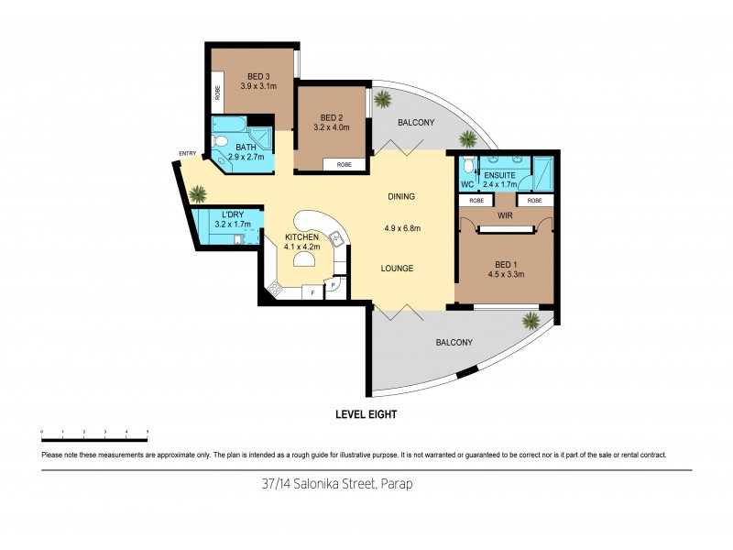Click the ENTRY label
(188, 153)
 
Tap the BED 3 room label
(257, 76)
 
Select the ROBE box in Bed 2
(345, 164)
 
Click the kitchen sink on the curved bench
(336, 239)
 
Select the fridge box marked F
(313, 292)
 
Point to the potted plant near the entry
(196, 193)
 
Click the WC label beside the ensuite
(467, 183)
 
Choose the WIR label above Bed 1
(504, 215)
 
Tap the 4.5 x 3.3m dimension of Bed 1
(506, 272)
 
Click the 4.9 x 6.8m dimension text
(402, 228)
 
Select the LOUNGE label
(397, 269)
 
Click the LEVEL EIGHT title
(367, 414)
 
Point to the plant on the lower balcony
(531, 320)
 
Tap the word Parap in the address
(398, 483)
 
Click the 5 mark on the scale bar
(148, 431)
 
